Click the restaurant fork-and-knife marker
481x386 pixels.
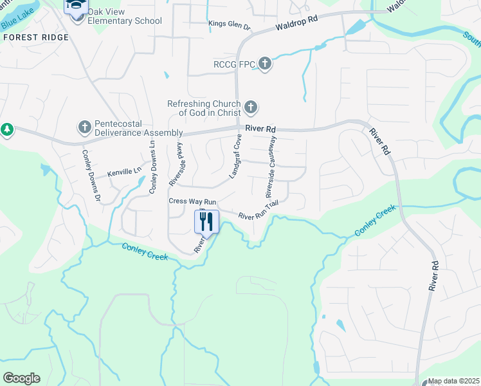(x=206, y=222)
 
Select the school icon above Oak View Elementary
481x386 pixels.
(x=77, y=6)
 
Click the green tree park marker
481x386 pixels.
(x=7, y=130)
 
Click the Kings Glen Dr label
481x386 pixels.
(x=229, y=24)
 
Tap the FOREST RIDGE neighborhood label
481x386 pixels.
(x=36, y=37)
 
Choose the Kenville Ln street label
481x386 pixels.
(x=124, y=172)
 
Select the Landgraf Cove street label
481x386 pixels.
(x=235, y=156)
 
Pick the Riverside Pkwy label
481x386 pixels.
(x=176, y=164)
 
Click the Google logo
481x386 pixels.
(x=21, y=378)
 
